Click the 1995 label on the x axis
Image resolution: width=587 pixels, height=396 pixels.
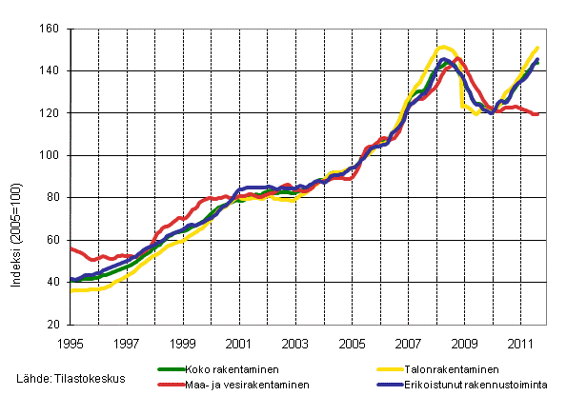[71, 341]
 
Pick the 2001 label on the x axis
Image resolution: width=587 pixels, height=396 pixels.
[239, 341]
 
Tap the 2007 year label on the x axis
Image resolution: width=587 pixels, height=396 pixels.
[408, 341]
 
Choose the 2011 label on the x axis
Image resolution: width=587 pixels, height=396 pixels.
[520, 341]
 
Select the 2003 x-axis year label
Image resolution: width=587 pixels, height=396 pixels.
[295, 341]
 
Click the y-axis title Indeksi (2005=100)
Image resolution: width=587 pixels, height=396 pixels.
[15, 176]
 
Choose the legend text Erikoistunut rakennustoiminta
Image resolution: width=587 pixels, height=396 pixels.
[478, 386]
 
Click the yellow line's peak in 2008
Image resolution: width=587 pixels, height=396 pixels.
[443, 47]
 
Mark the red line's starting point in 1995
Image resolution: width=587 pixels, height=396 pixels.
[71, 247]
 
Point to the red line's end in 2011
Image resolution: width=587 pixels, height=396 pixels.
[538, 114]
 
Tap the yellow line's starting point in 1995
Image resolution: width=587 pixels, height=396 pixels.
[71, 290]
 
